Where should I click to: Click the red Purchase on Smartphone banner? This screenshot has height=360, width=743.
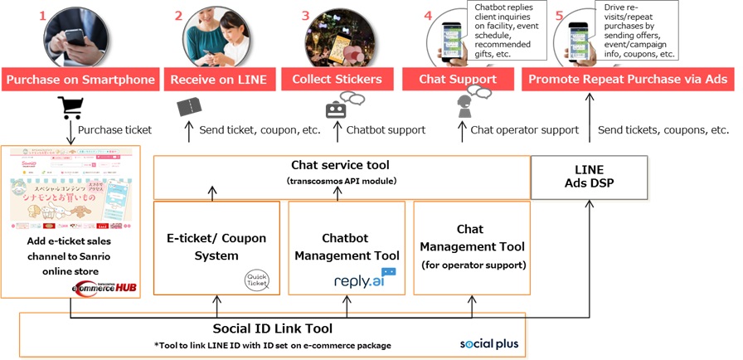pos(80,80)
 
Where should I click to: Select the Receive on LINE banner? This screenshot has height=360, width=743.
pos(218,80)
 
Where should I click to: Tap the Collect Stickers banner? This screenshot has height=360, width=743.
pos(337,80)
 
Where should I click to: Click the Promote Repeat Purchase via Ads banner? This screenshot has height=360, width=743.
pos(628,80)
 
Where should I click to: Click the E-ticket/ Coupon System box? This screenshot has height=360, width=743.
pos(216,247)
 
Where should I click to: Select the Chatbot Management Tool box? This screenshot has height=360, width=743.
pos(347,247)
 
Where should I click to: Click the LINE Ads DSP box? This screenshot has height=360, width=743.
pos(588,177)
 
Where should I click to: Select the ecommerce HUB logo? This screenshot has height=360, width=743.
pos(104,287)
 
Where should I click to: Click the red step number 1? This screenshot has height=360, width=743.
pos(42,16)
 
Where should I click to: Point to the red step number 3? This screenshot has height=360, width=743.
pos(305,16)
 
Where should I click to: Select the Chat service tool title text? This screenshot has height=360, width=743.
pos(340,165)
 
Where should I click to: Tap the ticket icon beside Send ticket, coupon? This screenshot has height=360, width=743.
pos(189,107)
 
